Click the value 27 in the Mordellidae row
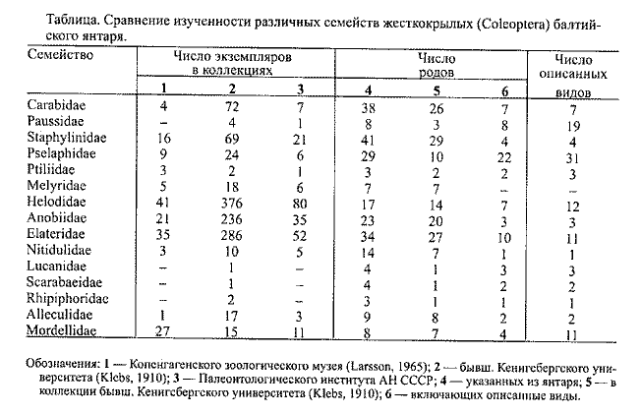(x=164, y=333)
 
